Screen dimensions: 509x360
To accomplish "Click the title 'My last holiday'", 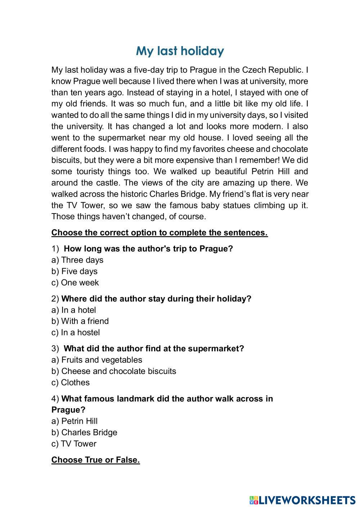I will [180, 51].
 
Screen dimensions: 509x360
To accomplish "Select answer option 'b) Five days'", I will [75, 271].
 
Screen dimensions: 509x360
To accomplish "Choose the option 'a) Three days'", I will [77, 260].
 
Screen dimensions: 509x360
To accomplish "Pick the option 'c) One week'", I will [75, 283].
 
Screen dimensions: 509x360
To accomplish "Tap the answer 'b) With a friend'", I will [80, 321].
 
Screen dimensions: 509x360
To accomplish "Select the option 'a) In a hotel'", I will [74, 310].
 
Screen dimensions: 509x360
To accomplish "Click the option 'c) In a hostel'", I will [76, 332].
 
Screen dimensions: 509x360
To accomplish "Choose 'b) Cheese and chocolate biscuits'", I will [114, 371].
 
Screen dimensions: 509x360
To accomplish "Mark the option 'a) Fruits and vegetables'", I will [97, 360].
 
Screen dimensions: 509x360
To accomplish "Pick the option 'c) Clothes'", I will [71, 382].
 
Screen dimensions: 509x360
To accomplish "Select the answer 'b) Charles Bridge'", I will [84, 432].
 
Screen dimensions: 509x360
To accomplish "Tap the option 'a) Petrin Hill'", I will [75, 421].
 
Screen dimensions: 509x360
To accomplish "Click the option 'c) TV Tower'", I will [74, 443].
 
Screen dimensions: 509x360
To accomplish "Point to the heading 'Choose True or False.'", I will [95, 460].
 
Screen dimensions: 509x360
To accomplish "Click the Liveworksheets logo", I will [302, 500].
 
